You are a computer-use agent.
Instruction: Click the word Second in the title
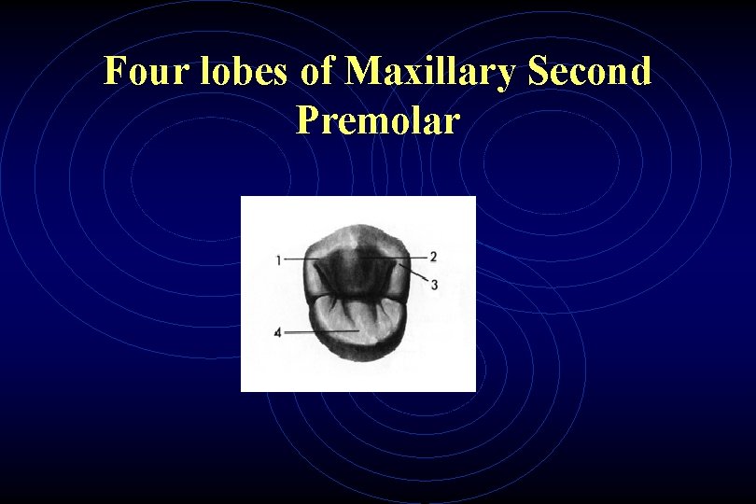[x=589, y=72]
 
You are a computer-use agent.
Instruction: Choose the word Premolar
[x=378, y=119]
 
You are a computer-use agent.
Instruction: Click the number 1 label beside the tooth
[x=278, y=260]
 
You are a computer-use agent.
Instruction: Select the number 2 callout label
[x=434, y=257]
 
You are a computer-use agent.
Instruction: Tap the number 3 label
[x=435, y=284]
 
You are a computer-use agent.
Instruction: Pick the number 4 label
[x=278, y=332]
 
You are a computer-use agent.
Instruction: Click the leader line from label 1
[x=297, y=258]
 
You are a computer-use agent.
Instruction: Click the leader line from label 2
[x=411, y=257]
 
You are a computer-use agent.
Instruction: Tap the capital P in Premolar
[x=308, y=119]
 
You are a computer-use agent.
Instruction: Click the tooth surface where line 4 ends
[x=357, y=330]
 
